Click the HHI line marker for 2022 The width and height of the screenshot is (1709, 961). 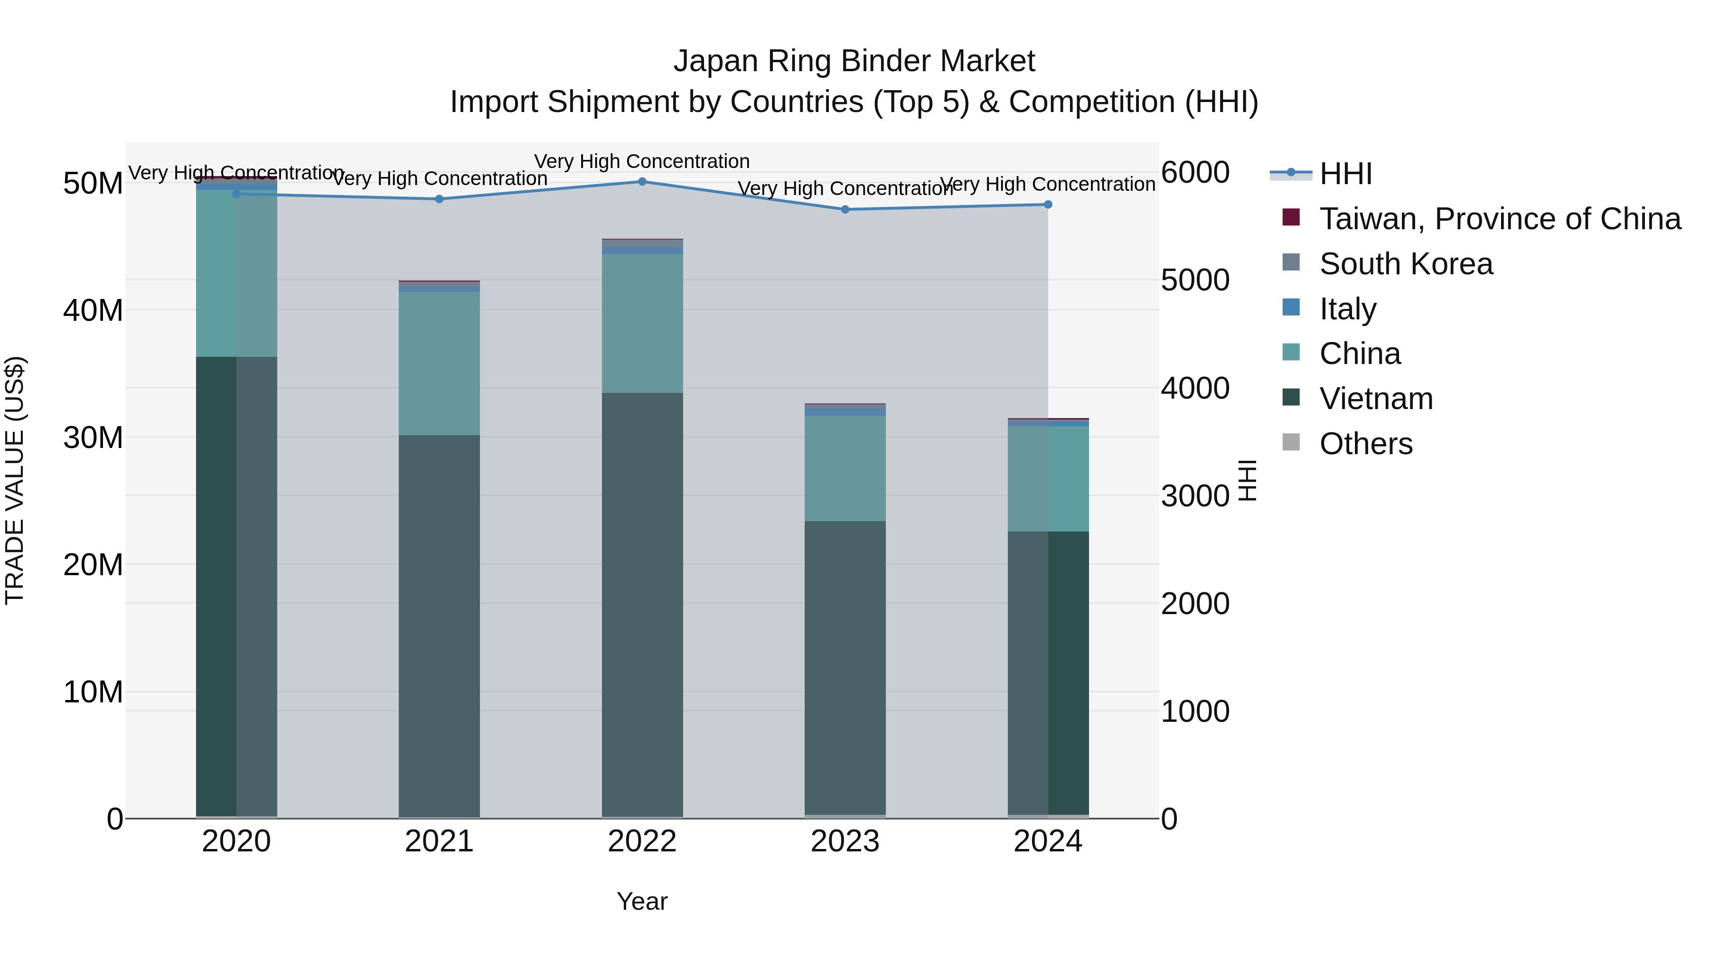(x=641, y=182)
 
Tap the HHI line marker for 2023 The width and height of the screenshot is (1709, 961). (x=845, y=210)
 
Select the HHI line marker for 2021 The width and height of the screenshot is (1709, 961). (x=439, y=199)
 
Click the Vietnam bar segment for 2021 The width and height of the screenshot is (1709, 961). (x=439, y=624)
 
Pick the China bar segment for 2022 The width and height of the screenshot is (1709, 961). (x=641, y=323)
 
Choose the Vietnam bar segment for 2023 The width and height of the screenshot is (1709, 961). (x=845, y=667)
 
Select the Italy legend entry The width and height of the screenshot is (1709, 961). (x=1347, y=309)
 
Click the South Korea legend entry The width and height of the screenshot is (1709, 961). (x=1406, y=264)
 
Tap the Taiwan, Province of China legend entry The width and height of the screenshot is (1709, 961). (x=1499, y=219)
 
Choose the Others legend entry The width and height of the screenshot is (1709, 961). (x=1365, y=444)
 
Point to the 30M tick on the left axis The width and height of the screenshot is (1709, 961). (x=93, y=438)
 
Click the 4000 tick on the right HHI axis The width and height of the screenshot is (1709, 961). (x=1195, y=388)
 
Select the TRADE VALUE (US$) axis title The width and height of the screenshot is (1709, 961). (x=15, y=480)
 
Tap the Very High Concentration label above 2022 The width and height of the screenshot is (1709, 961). (x=641, y=161)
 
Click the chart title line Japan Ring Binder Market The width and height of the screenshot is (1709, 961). (x=854, y=61)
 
